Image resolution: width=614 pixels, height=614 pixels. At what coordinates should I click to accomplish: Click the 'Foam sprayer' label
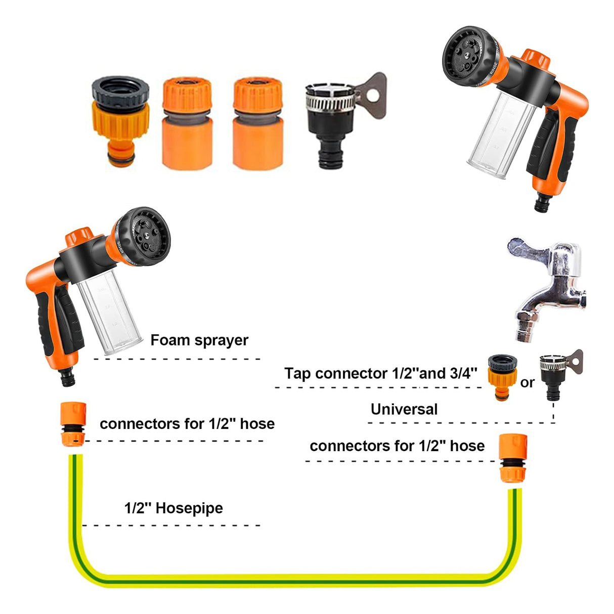199,340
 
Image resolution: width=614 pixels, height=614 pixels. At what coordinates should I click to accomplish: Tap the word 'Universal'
404,409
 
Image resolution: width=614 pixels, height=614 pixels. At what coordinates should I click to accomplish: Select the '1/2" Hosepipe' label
173,508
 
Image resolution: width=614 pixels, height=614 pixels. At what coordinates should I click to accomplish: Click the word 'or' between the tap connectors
528,383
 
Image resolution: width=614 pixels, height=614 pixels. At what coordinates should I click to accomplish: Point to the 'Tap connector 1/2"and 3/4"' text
381,373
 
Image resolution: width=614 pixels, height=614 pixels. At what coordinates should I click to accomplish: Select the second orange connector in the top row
187,123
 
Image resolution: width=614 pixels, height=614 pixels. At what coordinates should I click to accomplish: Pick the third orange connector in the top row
258,123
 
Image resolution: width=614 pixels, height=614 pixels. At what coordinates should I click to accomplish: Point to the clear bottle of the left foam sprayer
110,312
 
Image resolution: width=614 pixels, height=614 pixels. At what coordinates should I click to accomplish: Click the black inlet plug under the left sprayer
68,377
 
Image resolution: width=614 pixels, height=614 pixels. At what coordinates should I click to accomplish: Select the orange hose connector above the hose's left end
73,424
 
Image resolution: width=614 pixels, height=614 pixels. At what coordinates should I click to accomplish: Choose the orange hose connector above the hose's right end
513,458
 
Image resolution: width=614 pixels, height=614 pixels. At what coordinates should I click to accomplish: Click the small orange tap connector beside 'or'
503,378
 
